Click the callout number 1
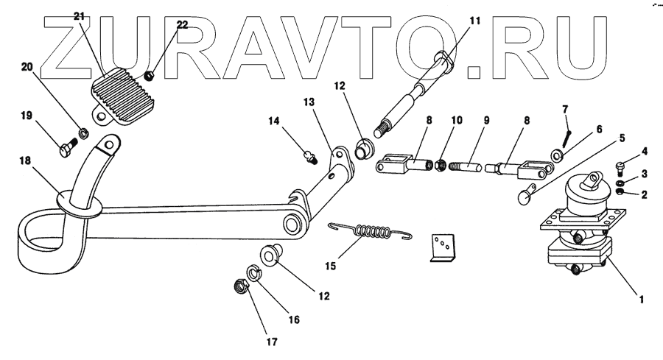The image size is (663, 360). pos(642,299)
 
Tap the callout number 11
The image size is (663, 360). pos(474,21)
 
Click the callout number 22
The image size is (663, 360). pos(182,24)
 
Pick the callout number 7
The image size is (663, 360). pos(565,110)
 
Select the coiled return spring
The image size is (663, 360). pos(368,233)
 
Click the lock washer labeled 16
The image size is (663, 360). pos(253,274)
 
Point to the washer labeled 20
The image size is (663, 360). pos(84,133)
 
